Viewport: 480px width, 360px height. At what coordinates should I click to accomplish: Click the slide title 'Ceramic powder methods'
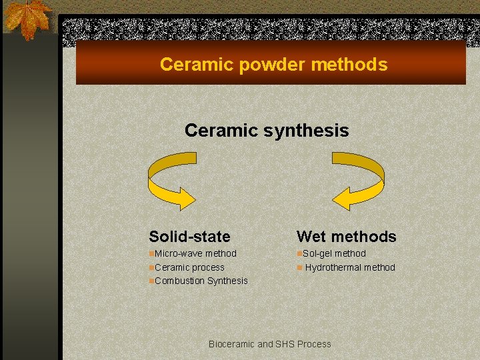click(x=273, y=65)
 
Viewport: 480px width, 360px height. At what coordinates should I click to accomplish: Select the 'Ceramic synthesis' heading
click(x=267, y=130)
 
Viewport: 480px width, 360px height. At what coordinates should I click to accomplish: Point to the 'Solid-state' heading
click(x=189, y=237)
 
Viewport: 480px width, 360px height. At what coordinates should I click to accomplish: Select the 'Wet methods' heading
click(x=346, y=237)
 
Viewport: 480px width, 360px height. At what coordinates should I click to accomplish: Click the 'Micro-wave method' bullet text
click(x=195, y=253)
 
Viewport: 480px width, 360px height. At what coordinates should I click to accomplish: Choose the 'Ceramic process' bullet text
click(x=189, y=267)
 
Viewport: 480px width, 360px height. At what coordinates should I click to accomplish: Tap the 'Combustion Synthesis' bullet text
click(x=201, y=281)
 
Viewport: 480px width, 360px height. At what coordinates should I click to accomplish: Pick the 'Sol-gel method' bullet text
click(x=334, y=253)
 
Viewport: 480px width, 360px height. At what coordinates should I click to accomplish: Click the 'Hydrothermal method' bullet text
click(x=350, y=267)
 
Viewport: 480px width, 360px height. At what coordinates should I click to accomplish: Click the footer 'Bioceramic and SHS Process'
click(x=269, y=344)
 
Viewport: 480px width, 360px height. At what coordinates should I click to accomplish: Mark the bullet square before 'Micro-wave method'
click(x=152, y=254)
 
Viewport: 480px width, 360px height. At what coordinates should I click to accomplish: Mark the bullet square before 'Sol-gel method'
click(x=299, y=254)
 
